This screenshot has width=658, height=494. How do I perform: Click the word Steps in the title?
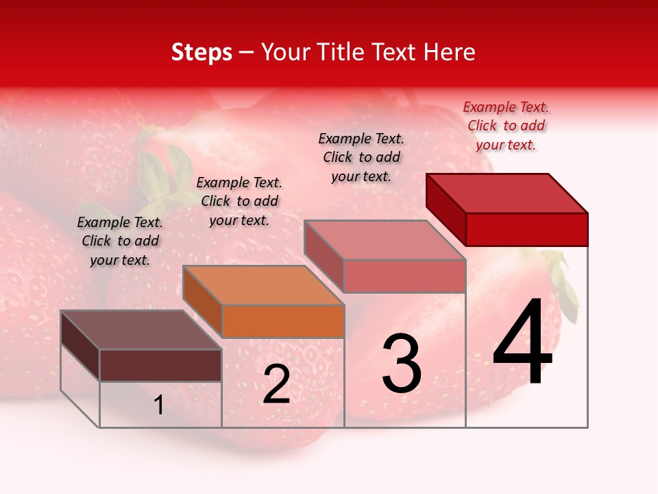pyautogui.click(x=202, y=52)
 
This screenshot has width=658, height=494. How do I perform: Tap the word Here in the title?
pyautogui.click(x=450, y=52)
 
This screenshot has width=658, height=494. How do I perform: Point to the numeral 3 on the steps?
pyautogui.click(x=402, y=364)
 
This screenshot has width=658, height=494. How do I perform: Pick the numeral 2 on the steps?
pyautogui.click(x=276, y=384)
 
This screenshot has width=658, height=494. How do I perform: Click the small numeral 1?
pyautogui.click(x=159, y=405)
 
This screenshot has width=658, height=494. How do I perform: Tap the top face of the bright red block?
pyautogui.click(x=507, y=193)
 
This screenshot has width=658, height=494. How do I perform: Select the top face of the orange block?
pyautogui.click(x=264, y=285)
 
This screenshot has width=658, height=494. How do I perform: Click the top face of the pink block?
pyautogui.click(x=385, y=240)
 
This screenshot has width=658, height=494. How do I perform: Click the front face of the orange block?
pyautogui.click(x=283, y=321)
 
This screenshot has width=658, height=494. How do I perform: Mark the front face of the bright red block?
pyautogui.click(x=526, y=229)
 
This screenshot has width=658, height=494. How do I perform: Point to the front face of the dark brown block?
pyautogui.click(x=160, y=365)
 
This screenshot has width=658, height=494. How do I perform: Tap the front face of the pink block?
pyautogui.click(x=404, y=276)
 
